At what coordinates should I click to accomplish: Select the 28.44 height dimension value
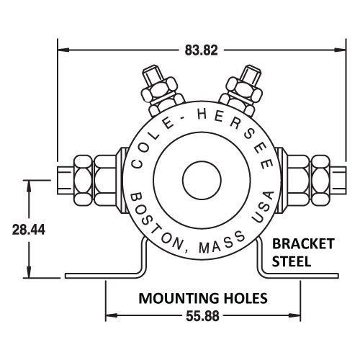coord(29,230)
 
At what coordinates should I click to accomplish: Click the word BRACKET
coord(302,244)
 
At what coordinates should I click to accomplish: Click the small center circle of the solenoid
coord(194,178)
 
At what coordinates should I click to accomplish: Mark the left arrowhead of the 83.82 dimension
coord(63,50)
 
